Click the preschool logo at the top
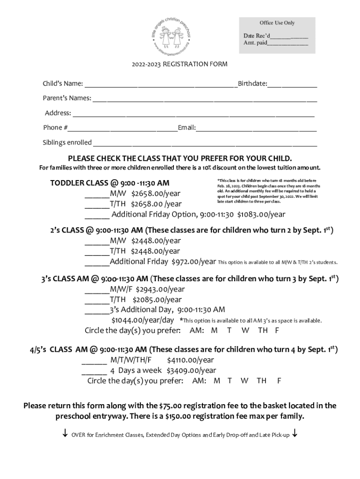(172, 36)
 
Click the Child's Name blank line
(160, 86)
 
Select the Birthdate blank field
(292, 86)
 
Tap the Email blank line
(256, 130)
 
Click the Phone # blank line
(122, 130)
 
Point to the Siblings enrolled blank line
(205, 145)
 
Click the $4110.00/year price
(190, 360)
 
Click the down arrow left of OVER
(65, 434)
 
